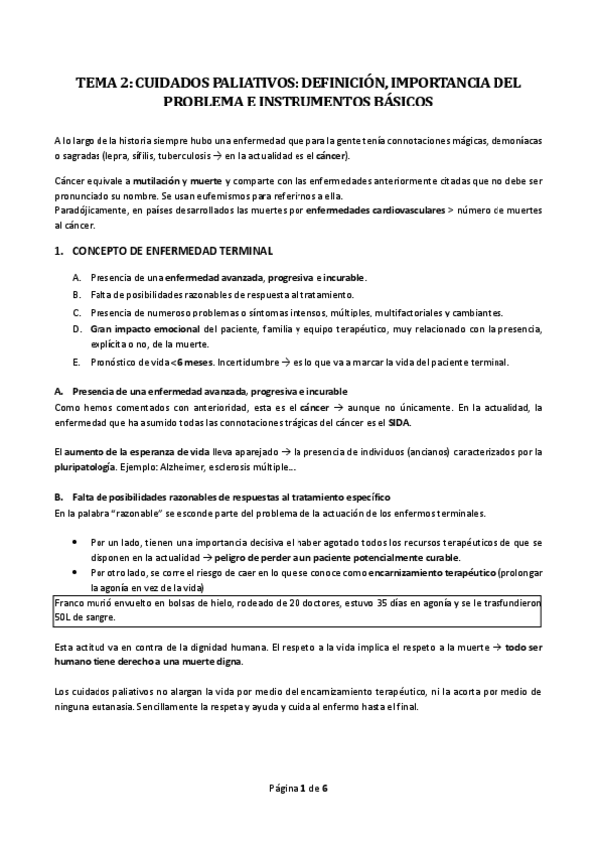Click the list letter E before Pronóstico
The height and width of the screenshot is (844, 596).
pos(77,362)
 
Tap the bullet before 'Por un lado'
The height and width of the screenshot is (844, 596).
pos(77,543)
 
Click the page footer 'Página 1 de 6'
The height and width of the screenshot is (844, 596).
pos(298,790)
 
